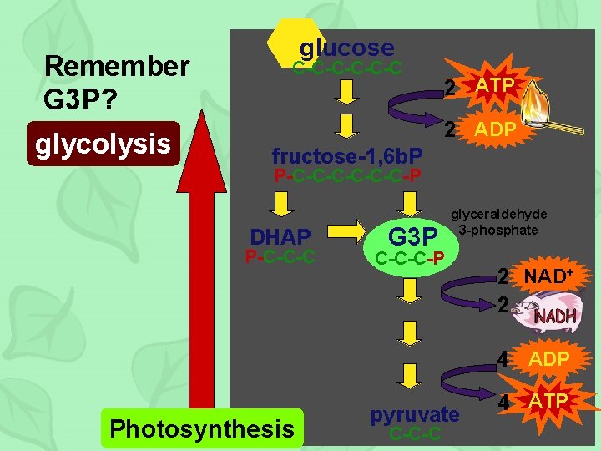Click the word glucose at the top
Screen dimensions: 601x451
346,48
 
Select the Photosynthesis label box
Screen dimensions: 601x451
201,428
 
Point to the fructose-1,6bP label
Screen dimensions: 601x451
347,155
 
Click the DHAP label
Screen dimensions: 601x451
280,237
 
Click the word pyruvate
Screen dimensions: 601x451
415,414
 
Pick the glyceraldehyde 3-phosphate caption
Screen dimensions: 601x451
500,222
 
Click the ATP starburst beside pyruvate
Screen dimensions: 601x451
548,403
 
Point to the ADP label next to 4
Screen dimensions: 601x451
548,359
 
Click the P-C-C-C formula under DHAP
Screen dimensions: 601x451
280,256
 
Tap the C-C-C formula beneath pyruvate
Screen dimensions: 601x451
415,434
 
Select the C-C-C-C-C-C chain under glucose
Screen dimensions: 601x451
347,67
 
